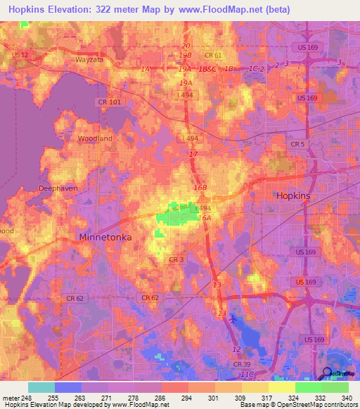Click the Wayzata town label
click(x=89, y=60)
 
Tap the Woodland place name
click(x=95, y=138)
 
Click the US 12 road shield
click(x=20, y=55)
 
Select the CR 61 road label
click(x=213, y=55)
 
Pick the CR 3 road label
click(x=176, y=260)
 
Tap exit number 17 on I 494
click(x=193, y=154)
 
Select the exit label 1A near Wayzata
click(x=146, y=69)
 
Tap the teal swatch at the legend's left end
click(x=41, y=387)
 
